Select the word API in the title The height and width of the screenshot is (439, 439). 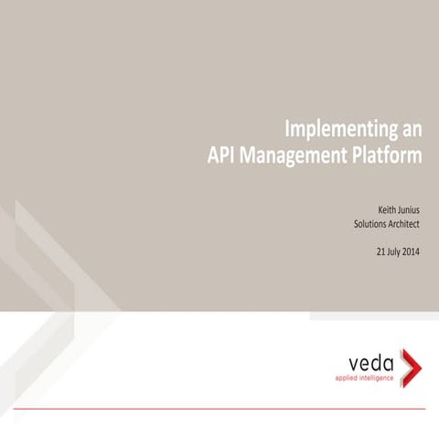point(224,155)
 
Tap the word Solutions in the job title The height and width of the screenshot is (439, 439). point(373,223)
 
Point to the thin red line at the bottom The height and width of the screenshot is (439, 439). point(219,407)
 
